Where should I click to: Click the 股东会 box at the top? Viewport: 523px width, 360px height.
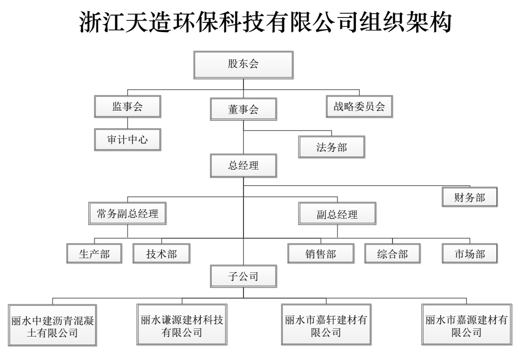(243, 65)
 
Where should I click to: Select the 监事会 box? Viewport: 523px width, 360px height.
(128, 106)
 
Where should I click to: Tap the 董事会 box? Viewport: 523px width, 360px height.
(243, 109)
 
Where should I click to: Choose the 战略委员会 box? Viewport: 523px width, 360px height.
(359, 106)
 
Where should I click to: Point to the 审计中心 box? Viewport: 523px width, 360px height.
(128, 139)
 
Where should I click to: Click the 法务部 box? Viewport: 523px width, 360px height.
(332, 147)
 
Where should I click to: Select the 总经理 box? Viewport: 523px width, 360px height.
(243, 166)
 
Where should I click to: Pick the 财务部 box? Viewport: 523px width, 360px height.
(469, 197)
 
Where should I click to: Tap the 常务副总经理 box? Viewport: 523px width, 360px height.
(128, 213)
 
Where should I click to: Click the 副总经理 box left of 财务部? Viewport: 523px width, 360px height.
(337, 213)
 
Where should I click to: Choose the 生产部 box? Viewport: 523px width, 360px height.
(94, 254)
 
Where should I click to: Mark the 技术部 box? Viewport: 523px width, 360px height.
(162, 254)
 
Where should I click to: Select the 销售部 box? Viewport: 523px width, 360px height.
(321, 254)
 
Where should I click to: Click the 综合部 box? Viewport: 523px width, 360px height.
(392, 254)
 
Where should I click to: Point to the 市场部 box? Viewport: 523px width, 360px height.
(469, 254)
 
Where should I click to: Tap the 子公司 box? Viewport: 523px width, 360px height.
(243, 276)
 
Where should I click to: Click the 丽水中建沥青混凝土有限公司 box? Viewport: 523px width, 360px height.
(53, 325)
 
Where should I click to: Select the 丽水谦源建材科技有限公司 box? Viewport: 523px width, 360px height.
(182, 324)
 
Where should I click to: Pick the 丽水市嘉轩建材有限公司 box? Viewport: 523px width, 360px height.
(326, 324)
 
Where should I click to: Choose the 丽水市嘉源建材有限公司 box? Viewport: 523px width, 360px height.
(467, 324)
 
